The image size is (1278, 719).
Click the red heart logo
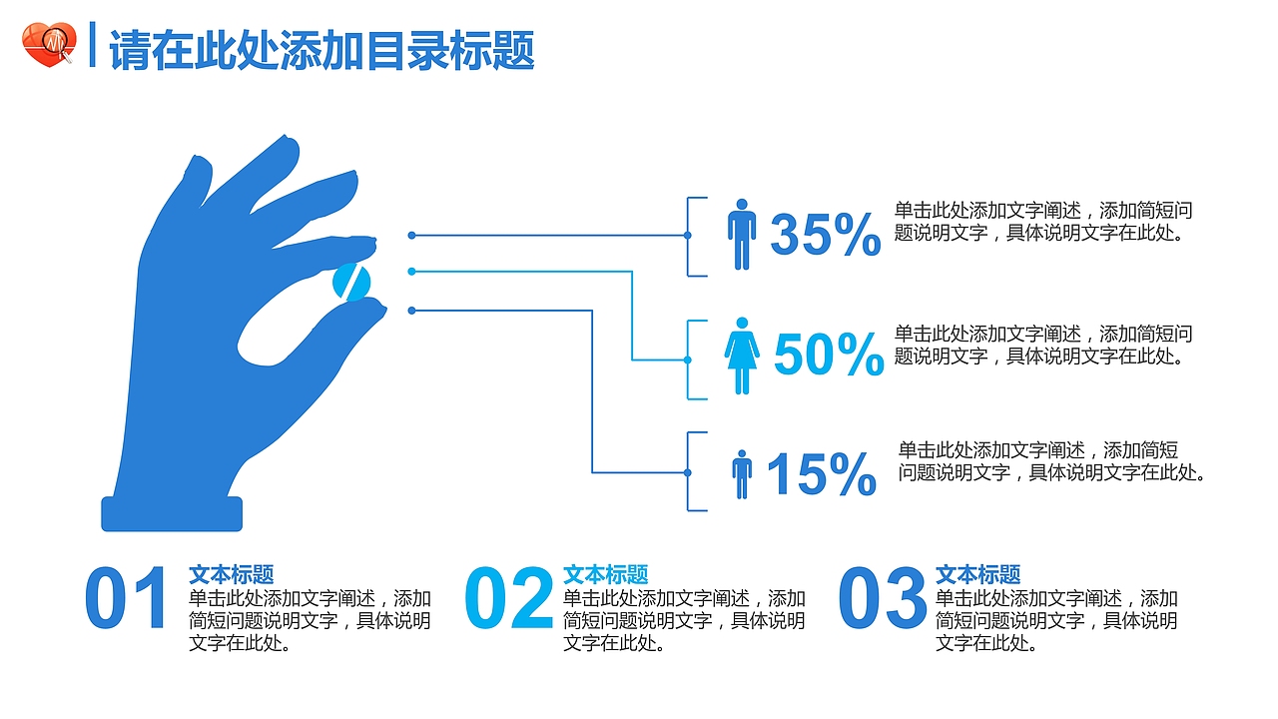(49, 45)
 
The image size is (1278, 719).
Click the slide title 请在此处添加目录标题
(321, 51)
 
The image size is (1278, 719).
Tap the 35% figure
(826, 236)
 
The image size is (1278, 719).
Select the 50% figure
(829, 356)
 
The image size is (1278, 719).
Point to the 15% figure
(821, 474)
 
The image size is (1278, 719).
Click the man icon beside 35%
(742, 234)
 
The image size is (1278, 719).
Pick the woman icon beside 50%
(742, 356)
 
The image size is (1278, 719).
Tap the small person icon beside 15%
(741, 473)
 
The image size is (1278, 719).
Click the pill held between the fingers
(351, 282)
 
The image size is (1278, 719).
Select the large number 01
(127, 599)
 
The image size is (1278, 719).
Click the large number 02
(509, 599)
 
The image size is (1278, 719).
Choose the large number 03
(883, 599)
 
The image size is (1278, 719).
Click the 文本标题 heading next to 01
(232, 575)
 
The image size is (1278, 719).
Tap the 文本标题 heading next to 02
(605, 575)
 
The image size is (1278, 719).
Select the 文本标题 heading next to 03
(977, 575)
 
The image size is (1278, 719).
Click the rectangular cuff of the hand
(172, 513)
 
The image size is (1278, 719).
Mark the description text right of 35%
(1043, 223)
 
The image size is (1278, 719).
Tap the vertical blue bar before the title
(92, 45)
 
